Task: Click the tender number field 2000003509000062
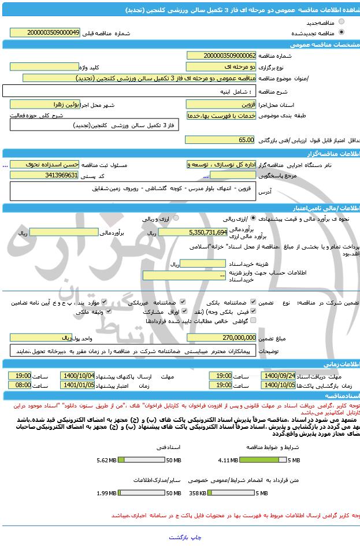[222, 55]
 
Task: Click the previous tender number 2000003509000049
[53, 33]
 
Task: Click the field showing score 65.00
[220, 140]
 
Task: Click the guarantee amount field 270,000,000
[222, 337]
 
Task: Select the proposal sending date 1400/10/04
[82, 376]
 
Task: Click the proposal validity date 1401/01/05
[82, 385]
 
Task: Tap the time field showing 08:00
[20, 385]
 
